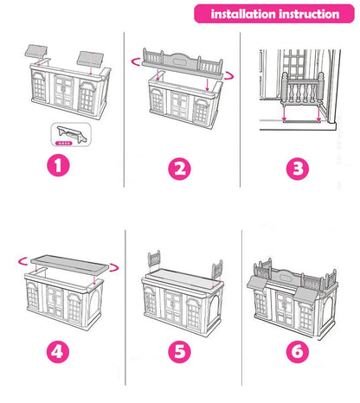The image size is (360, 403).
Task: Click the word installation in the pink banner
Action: (x=243, y=14)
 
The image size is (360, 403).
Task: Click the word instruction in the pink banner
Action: (x=309, y=14)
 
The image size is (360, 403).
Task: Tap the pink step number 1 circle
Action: (x=58, y=165)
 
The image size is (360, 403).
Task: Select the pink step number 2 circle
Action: (x=179, y=169)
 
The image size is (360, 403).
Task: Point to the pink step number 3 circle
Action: (x=298, y=169)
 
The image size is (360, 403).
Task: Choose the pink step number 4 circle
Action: (x=58, y=352)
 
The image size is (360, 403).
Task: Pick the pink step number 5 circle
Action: (x=179, y=352)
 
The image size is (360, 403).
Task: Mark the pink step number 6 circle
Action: (x=298, y=352)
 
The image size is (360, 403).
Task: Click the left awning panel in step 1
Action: (x=35, y=51)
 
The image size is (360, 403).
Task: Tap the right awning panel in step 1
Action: (x=90, y=59)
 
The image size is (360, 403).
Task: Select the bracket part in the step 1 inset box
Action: (x=72, y=134)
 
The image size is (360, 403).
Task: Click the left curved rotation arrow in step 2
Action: (x=136, y=62)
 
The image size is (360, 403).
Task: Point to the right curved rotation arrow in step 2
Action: (x=229, y=76)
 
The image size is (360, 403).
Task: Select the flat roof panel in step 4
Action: (x=69, y=263)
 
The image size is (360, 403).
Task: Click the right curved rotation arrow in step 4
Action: (x=113, y=267)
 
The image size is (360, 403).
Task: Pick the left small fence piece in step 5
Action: (x=154, y=260)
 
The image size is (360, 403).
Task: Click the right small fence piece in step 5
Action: (x=217, y=269)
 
